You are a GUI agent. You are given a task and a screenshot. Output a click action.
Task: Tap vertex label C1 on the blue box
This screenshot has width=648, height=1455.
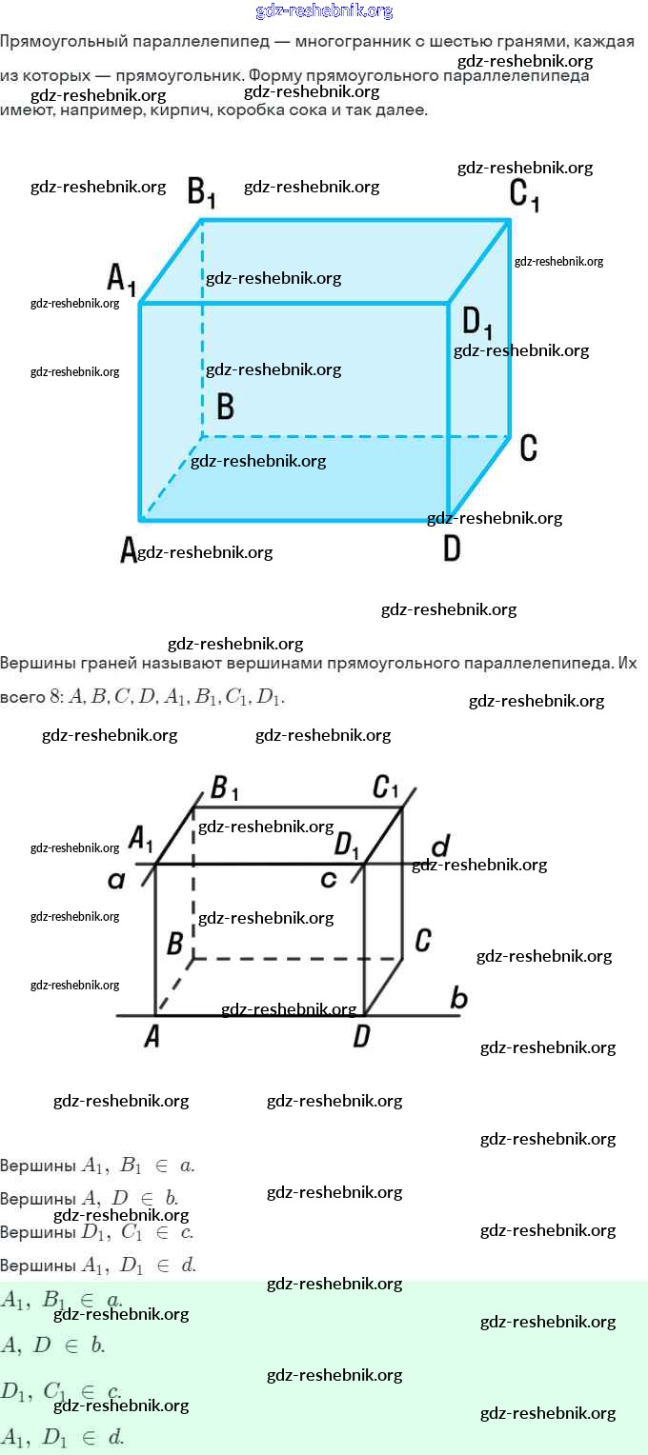pos(525,193)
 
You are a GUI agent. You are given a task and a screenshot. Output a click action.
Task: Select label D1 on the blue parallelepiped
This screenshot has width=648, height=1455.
pos(477,323)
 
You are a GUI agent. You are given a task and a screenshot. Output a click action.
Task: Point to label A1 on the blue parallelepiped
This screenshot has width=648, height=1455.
pos(122,279)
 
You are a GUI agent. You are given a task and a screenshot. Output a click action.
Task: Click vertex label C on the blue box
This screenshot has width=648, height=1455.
pos(529,448)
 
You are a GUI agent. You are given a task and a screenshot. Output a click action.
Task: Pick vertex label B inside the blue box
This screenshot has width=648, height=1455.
pos(225,407)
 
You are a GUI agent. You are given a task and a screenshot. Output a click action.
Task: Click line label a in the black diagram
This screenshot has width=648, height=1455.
pos(116,881)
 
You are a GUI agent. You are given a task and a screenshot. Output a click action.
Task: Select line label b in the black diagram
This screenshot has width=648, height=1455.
pos(458,999)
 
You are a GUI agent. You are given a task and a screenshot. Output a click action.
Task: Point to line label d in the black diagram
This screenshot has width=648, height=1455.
pos(439,847)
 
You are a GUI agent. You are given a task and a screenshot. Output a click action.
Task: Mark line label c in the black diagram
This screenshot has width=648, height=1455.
pos(329,879)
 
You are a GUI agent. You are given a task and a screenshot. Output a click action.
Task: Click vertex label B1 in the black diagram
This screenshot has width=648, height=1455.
pos(224,788)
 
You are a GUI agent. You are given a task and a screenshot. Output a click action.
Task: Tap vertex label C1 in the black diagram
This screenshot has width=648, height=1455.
pos(385,787)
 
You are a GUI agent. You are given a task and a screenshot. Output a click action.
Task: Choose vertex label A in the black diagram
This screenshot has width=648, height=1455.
pos(152,1037)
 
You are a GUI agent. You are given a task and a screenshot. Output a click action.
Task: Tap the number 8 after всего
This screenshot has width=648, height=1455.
pos(54,697)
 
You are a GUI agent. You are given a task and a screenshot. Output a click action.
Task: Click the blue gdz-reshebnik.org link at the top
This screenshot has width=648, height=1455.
pos(324,10)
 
